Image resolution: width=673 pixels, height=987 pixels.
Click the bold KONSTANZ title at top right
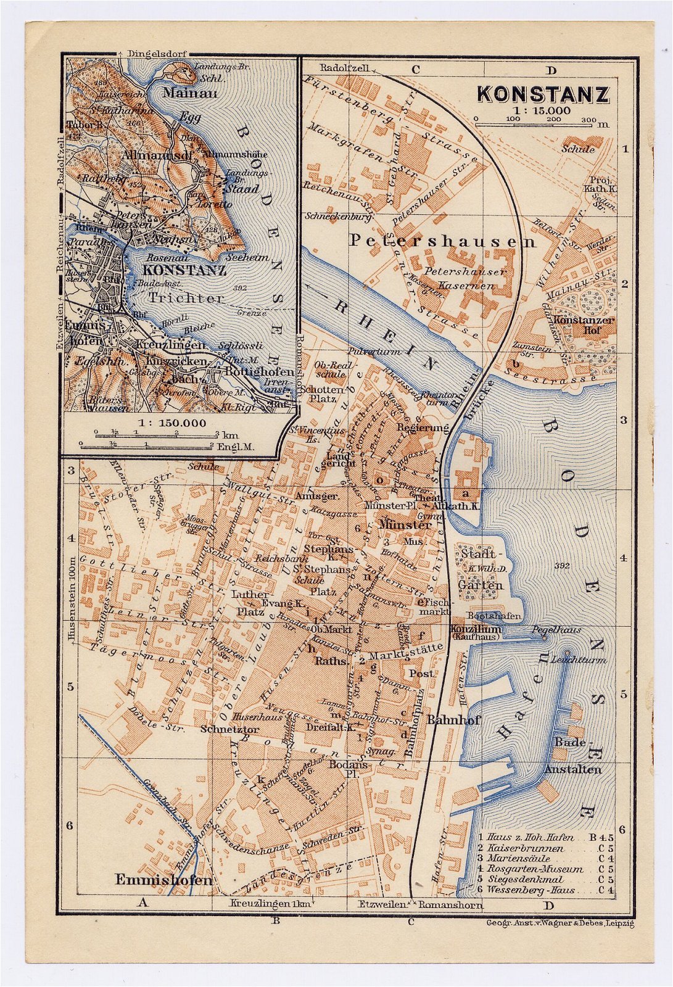pyautogui.click(x=543, y=94)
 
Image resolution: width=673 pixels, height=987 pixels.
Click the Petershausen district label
pyautogui.click(x=442, y=241)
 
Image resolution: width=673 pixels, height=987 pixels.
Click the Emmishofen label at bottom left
pyautogui.click(x=163, y=880)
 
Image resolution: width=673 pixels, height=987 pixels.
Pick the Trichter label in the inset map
pyautogui.click(x=186, y=298)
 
